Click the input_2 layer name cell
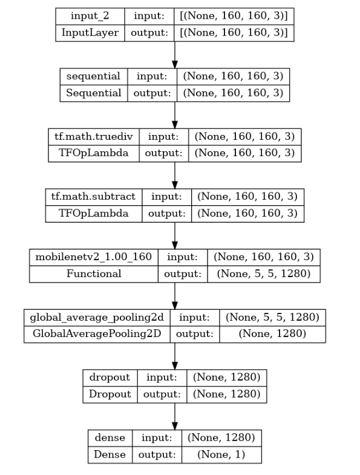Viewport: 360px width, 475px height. click(x=90, y=16)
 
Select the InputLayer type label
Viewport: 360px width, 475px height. click(x=90, y=33)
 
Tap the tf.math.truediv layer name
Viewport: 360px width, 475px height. click(x=94, y=137)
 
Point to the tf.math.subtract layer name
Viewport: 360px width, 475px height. click(x=93, y=197)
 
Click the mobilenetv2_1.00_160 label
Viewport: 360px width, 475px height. click(x=93, y=257)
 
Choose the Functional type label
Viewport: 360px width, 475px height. click(x=94, y=274)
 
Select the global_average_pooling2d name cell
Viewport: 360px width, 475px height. click(x=97, y=318)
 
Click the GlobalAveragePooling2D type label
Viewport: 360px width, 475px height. click(x=97, y=334)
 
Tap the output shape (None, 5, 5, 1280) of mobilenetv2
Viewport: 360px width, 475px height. click(x=264, y=274)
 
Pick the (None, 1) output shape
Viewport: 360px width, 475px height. click(x=221, y=454)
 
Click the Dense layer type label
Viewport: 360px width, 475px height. click(x=110, y=454)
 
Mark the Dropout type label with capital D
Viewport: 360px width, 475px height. click(x=110, y=394)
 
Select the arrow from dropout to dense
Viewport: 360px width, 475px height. click(x=174, y=416)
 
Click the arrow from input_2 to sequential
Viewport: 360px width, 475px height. click(x=174, y=55)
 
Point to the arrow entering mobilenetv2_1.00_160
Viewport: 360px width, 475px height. click(x=174, y=235)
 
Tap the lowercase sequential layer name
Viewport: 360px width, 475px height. click(x=93, y=76)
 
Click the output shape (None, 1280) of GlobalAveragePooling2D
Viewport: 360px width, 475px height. click(x=272, y=334)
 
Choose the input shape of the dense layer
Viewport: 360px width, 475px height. click(x=221, y=437)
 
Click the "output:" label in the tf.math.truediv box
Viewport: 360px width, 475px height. click(x=163, y=153)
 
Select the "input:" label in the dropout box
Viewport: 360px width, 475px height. click(x=162, y=378)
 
